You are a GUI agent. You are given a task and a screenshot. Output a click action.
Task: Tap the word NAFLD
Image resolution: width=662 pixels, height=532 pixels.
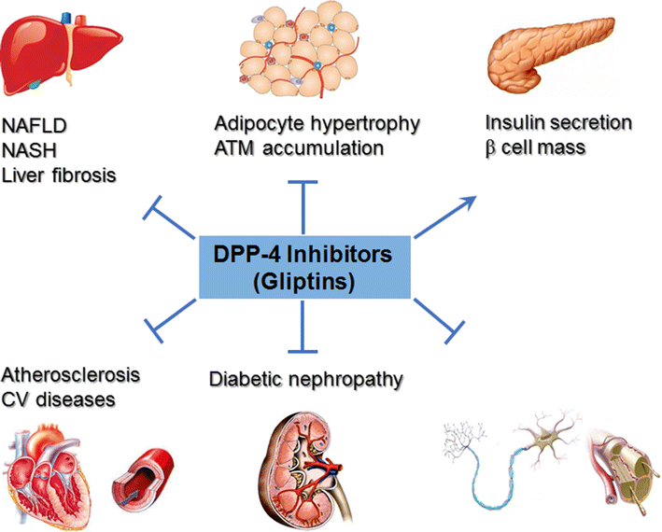click(x=35, y=123)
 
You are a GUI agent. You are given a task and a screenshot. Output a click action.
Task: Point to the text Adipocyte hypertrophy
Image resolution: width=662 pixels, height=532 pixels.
click(x=303, y=124)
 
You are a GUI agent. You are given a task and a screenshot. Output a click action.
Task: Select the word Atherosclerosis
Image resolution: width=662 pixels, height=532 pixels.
click(x=71, y=376)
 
